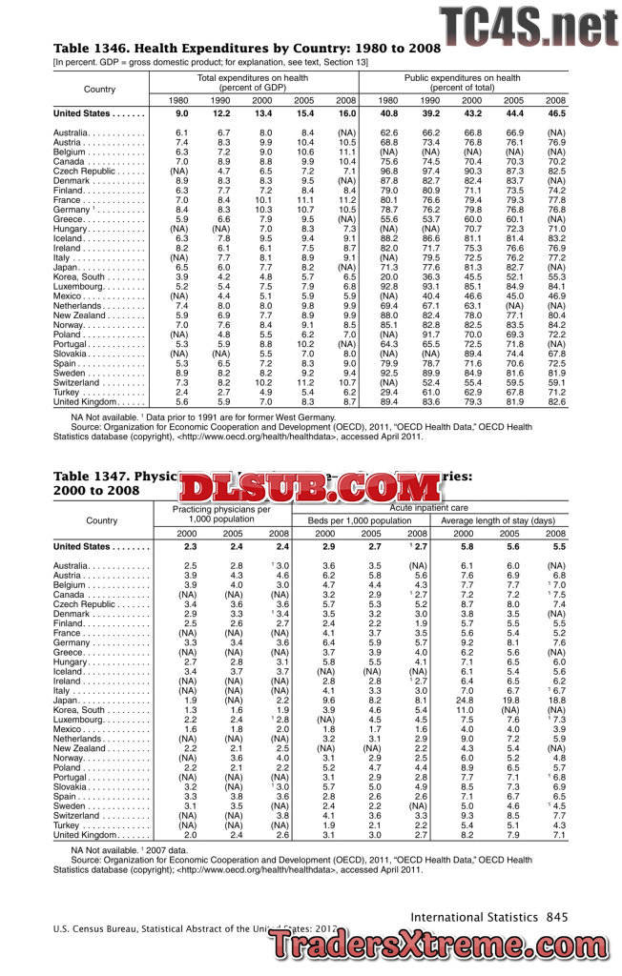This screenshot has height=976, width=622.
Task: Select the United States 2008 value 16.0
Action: coord(346,113)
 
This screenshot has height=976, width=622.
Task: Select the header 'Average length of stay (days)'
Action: coord(498,521)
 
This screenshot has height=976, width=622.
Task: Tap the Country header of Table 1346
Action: coord(100,89)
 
